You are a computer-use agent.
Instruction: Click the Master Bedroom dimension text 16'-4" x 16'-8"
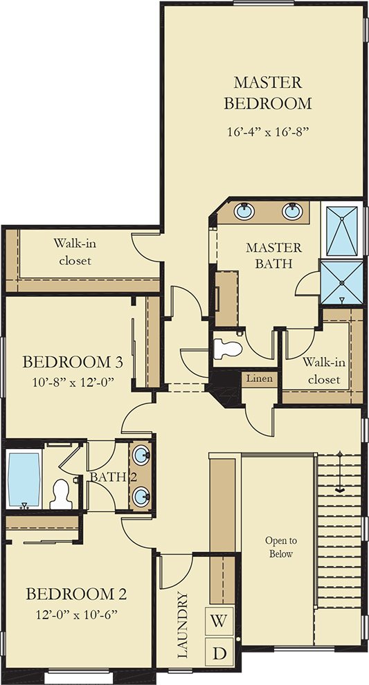tap(268, 132)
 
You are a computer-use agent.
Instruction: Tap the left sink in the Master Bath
tap(244, 212)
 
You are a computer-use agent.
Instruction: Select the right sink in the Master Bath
tap(292, 212)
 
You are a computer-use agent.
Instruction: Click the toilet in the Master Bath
tap(227, 349)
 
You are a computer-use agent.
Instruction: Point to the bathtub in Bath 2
tap(24, 479)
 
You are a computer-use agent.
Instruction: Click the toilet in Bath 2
tap(61, 494)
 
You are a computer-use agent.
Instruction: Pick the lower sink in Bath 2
tap(141, 497)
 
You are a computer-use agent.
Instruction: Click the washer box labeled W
tap(219, 621)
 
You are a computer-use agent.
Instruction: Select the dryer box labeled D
tap(219, 652)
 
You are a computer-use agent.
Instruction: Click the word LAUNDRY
tap(183, 625)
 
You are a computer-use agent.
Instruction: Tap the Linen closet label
tap(259, 378)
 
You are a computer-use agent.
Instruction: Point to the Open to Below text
tap(281, 547)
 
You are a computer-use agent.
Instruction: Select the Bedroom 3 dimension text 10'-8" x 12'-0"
tap(73, 383)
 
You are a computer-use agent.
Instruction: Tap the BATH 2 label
tap(113, 477)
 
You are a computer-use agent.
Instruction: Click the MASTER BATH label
tap(273, 255)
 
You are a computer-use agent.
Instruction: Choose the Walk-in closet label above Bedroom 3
tap(75, 252)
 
